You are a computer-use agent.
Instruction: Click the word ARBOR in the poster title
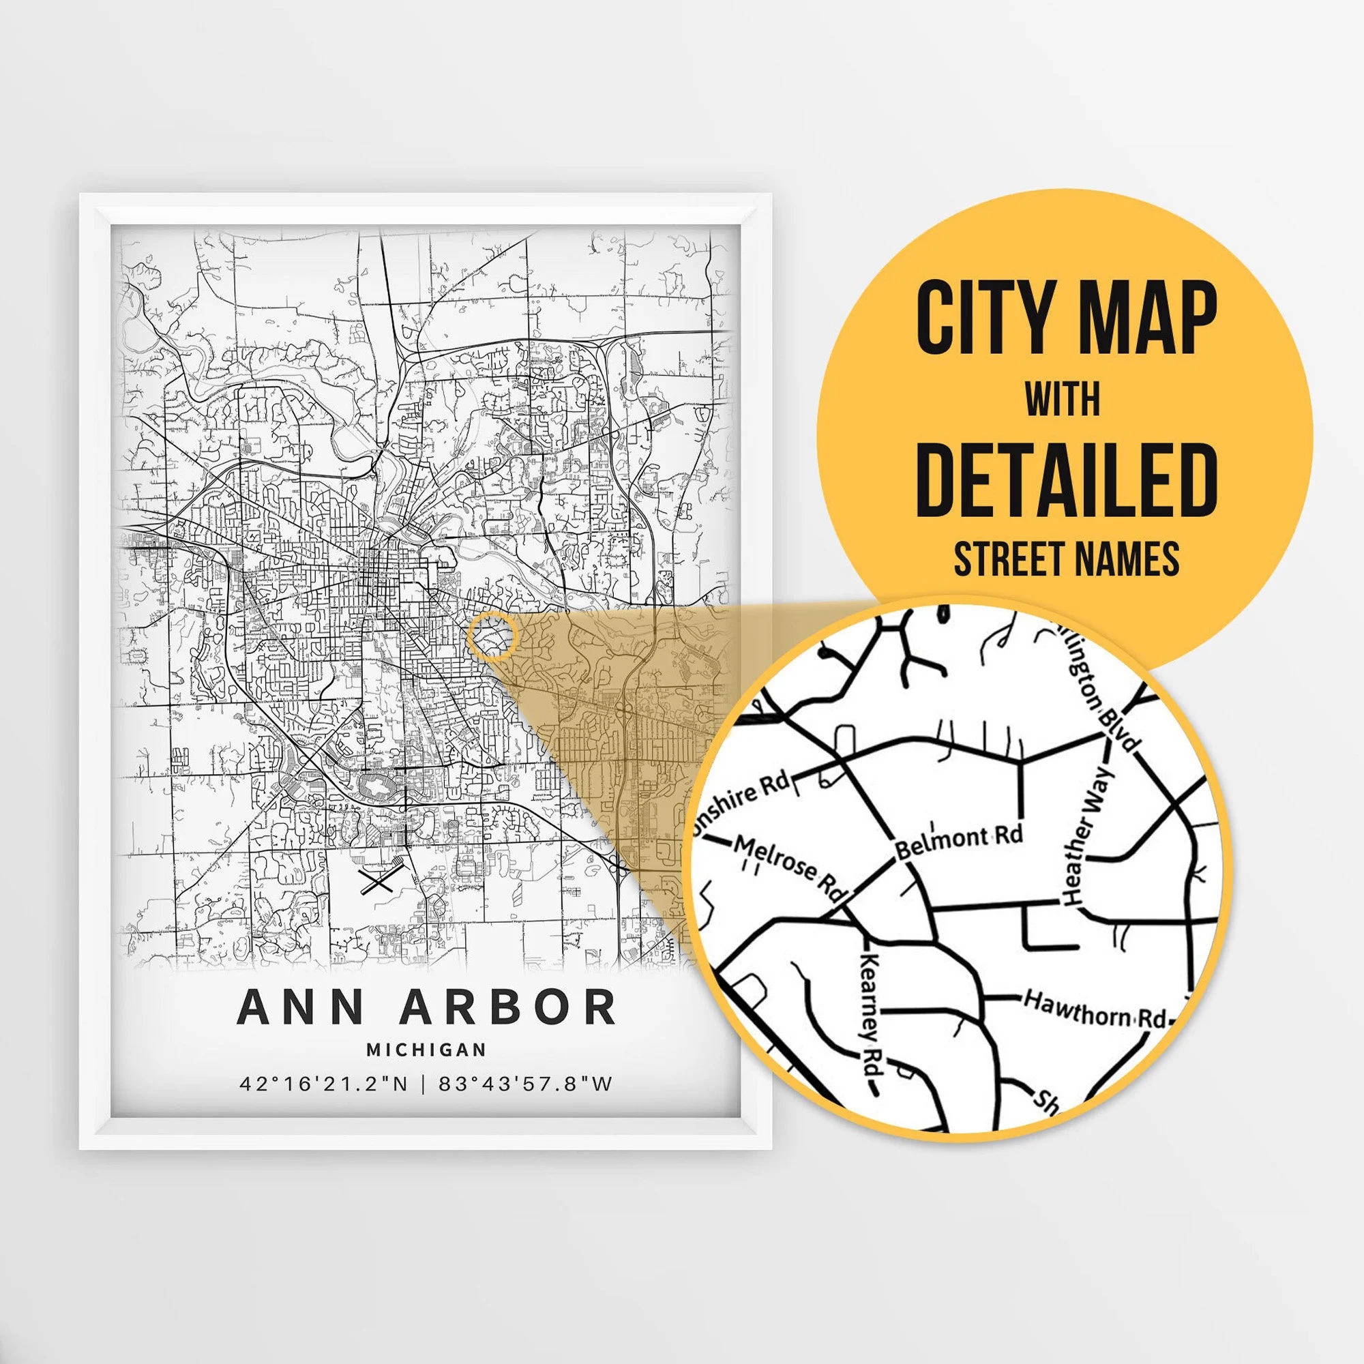click(x=507, y=1007)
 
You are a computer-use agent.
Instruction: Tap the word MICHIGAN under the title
click(x=426, y=1050)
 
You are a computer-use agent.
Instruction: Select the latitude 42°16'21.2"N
click(x=323, y=1084)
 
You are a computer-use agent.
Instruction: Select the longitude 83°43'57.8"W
click(x=525, y=1084)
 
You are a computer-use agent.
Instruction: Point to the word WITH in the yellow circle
click(x=1063, y=400)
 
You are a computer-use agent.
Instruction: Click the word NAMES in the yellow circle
click(x=1130, y=559)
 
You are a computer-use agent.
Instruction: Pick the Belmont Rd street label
click(x=959, y=841)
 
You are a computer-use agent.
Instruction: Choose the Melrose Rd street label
click(x=790, y=866)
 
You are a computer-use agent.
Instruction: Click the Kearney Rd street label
click(x=873, y=1014)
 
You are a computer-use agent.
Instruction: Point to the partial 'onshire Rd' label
click(x=743, y=799)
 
